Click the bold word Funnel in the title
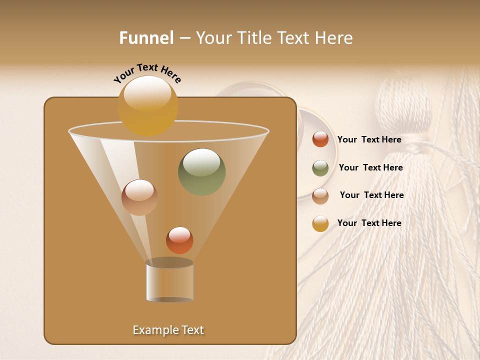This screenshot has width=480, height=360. click(x=146, y=38)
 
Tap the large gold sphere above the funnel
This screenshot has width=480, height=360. click(x=147, y=105)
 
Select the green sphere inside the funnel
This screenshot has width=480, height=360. click(x=201, y=172)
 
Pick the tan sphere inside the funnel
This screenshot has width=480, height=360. click(x=139, y=197)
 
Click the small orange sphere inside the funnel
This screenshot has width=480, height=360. click(x=179, y=240)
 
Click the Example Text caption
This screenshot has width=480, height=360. click(x=168, y=330)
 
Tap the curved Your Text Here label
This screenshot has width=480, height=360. click(x=147, y=73)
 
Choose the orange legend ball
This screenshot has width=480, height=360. click(x=320, y=139)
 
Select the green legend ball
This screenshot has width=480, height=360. click(x=320, y=168)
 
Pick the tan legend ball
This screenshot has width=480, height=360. click(x=320, y=195)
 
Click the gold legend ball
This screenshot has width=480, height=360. click(x=320, y=223)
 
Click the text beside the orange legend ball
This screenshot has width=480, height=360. click(x=369, y=140)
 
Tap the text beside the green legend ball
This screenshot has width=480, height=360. click(x=370, y=168)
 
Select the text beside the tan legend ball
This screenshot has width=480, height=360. click(x=371, y=195)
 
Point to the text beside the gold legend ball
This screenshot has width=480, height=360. click(x=369, y=223)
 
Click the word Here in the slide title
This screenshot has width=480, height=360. click(x=334, y=38)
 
